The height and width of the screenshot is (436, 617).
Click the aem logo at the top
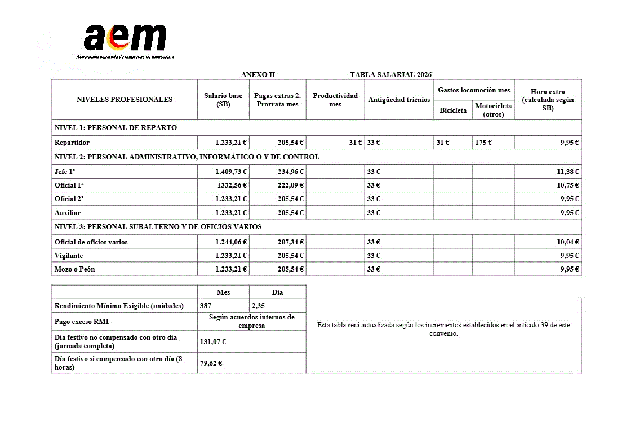coord(125,39)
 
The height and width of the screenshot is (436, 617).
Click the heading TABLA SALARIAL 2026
coord(390,75)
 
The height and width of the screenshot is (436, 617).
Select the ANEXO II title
coord(258,75)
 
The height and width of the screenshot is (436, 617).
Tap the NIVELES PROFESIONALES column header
coord(125,100)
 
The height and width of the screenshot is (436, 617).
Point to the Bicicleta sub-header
coord(453,110)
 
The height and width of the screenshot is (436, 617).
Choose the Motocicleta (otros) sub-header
coord(493,110)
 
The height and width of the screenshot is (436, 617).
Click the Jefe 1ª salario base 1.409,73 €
coord(231,172)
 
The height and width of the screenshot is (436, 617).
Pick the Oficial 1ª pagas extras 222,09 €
coord(290,185)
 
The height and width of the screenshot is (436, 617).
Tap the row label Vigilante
coord(69,256)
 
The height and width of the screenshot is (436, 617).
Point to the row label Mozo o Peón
coord(74,269)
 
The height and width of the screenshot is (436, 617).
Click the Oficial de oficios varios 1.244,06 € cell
coord(231,242)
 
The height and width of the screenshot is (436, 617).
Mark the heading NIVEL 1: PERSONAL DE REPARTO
coord(116,128)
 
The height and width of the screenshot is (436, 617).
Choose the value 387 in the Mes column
coord(206,306)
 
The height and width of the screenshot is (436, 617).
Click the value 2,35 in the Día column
coord(258,306)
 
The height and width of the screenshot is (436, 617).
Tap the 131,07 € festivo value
coord(211,341)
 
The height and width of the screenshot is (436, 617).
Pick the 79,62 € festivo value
coord(211,363)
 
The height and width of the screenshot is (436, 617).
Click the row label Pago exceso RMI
coord(82,322)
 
